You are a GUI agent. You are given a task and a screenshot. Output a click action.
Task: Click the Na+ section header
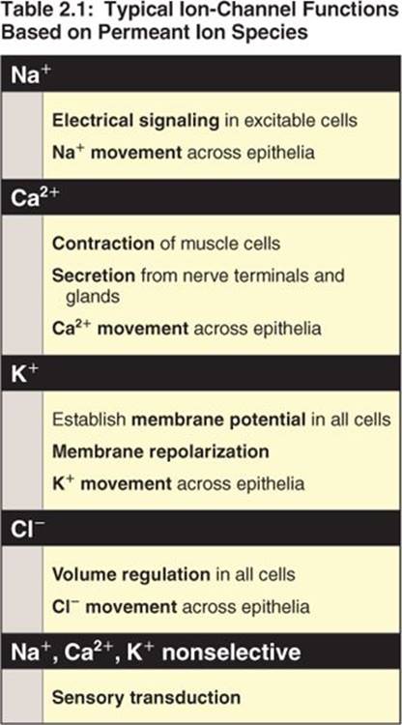(32, 74)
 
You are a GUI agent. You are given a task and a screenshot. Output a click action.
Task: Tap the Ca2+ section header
(36, 198)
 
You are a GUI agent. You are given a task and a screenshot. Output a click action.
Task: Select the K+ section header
(24, 374)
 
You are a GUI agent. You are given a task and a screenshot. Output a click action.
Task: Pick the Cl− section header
(28, 529)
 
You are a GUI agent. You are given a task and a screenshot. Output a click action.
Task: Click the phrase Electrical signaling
(135, 121)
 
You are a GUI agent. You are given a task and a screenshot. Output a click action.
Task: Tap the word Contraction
(103, 244)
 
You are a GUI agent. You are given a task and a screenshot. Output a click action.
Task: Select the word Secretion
(94, 275)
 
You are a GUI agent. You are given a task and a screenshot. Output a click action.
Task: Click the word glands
(93, 297)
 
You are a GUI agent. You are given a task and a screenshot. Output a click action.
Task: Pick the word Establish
(89, 420)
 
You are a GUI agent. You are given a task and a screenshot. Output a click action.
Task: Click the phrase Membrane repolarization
(160, 451)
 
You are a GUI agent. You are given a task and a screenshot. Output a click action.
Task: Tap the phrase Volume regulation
(131, 575)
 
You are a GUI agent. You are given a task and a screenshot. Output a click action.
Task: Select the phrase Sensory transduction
(146, 697)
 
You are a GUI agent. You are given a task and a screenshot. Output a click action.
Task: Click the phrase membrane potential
(218, 420)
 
